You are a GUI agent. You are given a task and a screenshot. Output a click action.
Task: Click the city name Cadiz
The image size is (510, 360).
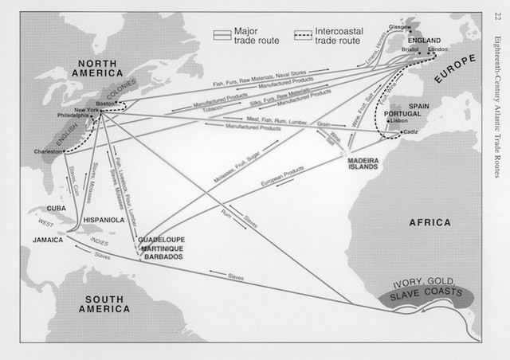point(410,132)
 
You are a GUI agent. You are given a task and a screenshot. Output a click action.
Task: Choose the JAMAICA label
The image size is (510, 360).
point(49,238)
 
